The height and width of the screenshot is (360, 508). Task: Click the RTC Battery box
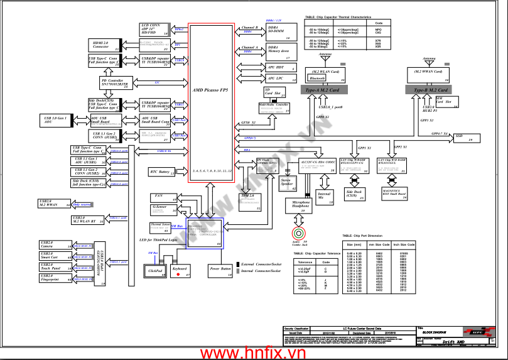[161, 172]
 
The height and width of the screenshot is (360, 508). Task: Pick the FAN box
[163, 196]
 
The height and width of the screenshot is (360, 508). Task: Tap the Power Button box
[221, 270]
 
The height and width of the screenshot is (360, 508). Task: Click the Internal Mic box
[324, 195]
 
